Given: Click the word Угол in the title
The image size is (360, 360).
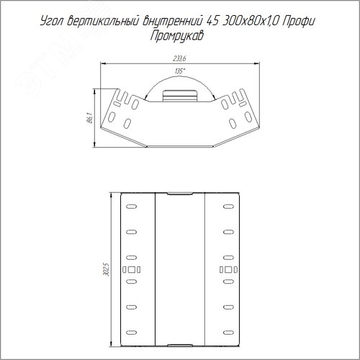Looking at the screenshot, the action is (x=52, y=22).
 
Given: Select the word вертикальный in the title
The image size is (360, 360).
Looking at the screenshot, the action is (x=103, y=22).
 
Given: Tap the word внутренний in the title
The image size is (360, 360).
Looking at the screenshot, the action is (x=173, y=22).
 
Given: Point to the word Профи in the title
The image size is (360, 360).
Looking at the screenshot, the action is (x=298, y=22).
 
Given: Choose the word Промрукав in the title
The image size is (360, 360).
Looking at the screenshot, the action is (x=177, y=36).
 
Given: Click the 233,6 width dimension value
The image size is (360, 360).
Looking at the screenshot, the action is (x=179, y=59).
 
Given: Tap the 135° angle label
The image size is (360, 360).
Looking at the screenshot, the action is (x=180, y=71).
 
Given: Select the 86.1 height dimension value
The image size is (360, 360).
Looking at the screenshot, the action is (x=90, y=118).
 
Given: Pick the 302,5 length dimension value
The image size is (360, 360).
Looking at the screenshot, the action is (x=106, y=269).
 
